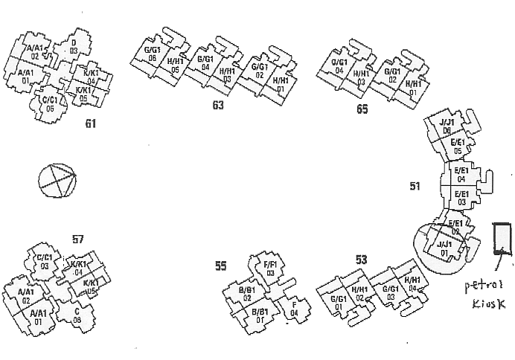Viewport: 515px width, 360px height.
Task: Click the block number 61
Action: (91, 123)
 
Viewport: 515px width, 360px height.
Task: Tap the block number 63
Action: (218, 106)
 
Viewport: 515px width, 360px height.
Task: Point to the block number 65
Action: (362, 110)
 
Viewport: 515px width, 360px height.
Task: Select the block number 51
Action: (415, 185)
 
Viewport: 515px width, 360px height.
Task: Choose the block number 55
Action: (220, 266)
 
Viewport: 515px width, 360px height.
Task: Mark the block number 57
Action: (78, 239)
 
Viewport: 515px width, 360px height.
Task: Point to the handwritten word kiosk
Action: (488, 305)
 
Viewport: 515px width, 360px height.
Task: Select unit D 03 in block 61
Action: (74, 47)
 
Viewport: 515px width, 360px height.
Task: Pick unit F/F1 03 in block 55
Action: (271, 269)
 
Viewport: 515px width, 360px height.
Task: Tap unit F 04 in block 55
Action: (294, 308)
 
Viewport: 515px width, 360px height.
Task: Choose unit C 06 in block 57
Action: (77, 315)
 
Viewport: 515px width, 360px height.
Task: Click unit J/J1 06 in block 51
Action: (447, 126)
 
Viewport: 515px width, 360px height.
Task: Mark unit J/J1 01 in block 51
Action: (444, 248)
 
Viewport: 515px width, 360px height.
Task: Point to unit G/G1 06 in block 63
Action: (152, 54)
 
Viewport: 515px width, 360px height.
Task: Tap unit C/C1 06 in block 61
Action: (50, 103)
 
